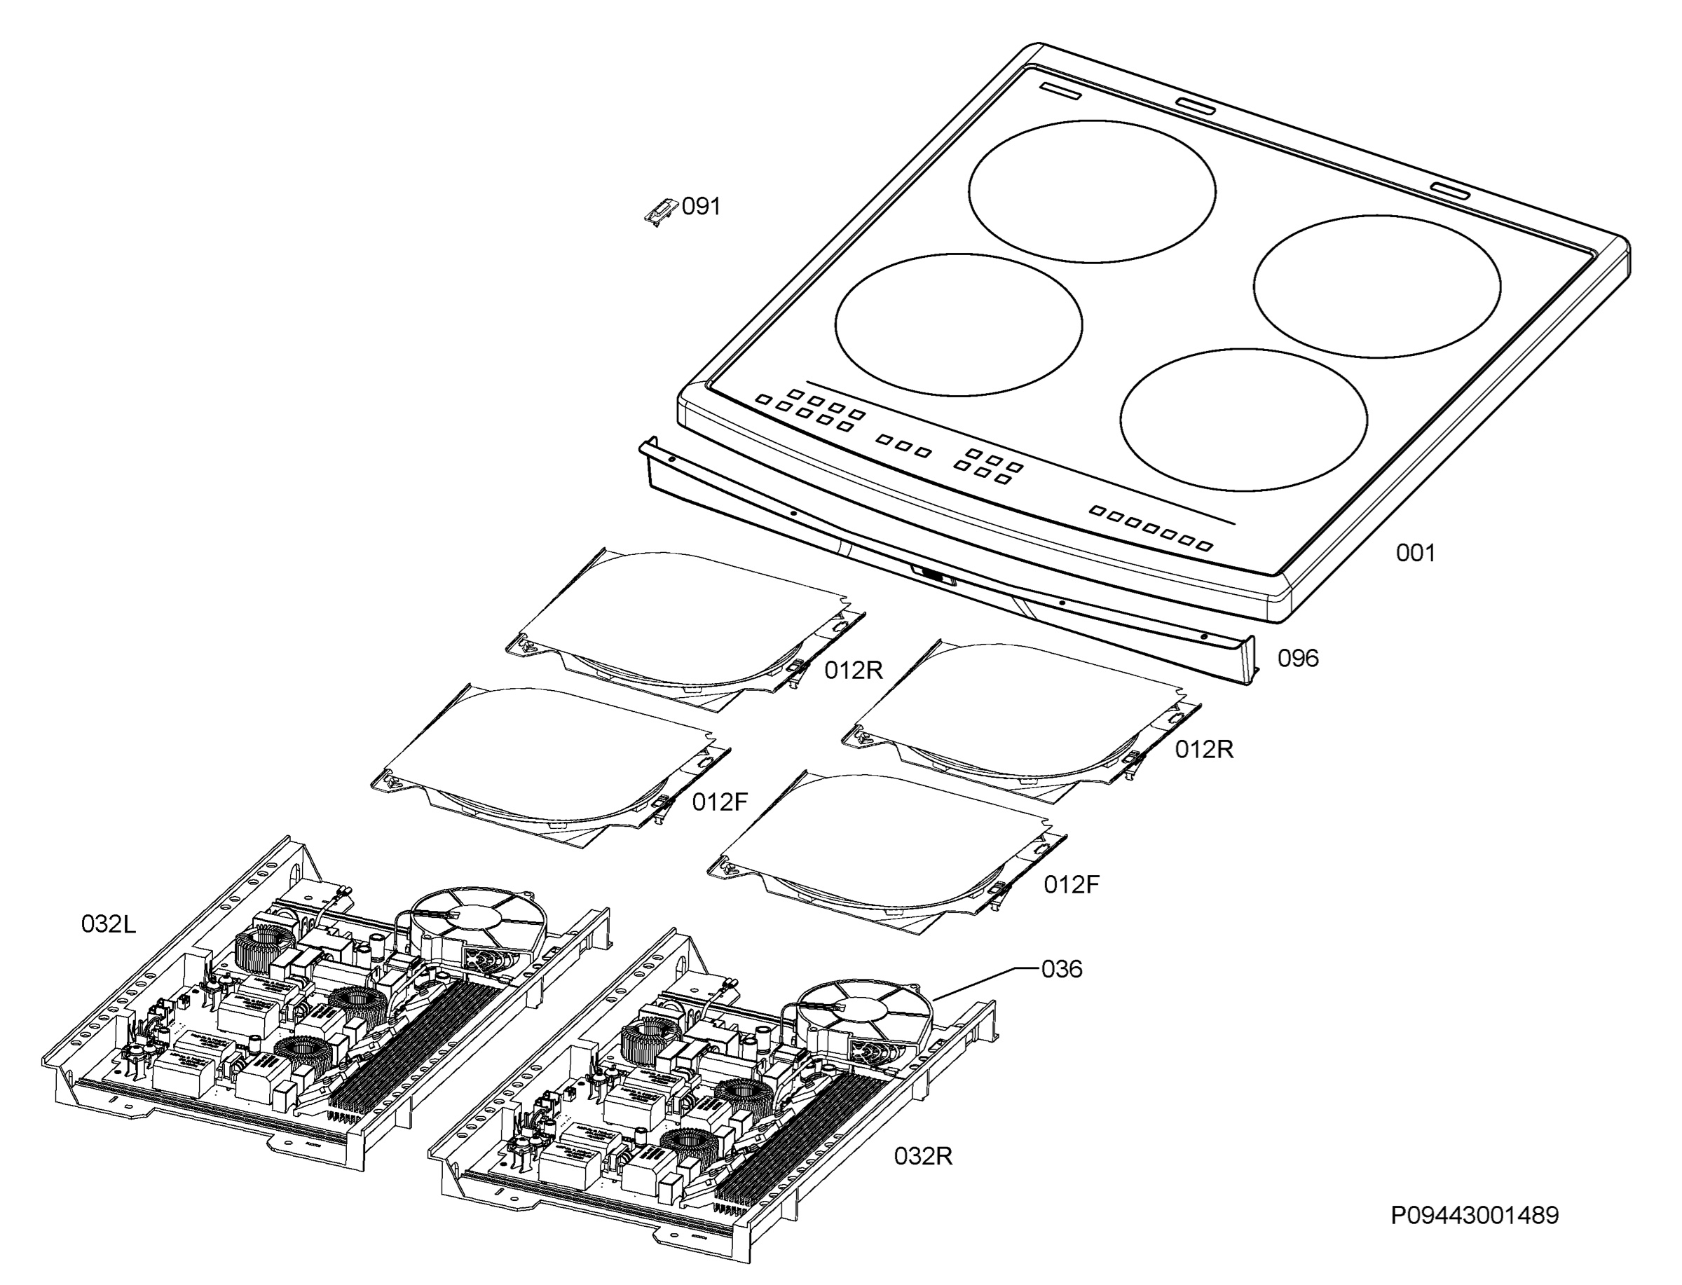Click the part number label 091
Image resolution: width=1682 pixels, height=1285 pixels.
(701, 207)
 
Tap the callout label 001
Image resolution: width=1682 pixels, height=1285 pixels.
(1415, 553)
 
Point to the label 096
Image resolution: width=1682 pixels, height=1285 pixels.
(1298, 659)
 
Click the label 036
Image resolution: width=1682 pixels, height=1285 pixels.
(1062, 970)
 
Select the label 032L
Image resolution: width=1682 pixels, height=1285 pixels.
(109, 925)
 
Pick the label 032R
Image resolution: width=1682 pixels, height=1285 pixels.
(923, 1157)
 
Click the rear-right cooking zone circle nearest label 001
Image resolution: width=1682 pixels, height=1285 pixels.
(1377, 286)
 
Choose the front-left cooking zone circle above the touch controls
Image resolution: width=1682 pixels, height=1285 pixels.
(959, 325)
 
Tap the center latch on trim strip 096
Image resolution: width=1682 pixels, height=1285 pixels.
(934, 575)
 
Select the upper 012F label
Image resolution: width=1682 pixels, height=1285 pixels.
(720, 802)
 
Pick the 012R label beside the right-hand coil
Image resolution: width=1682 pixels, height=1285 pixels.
(1204, 750)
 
